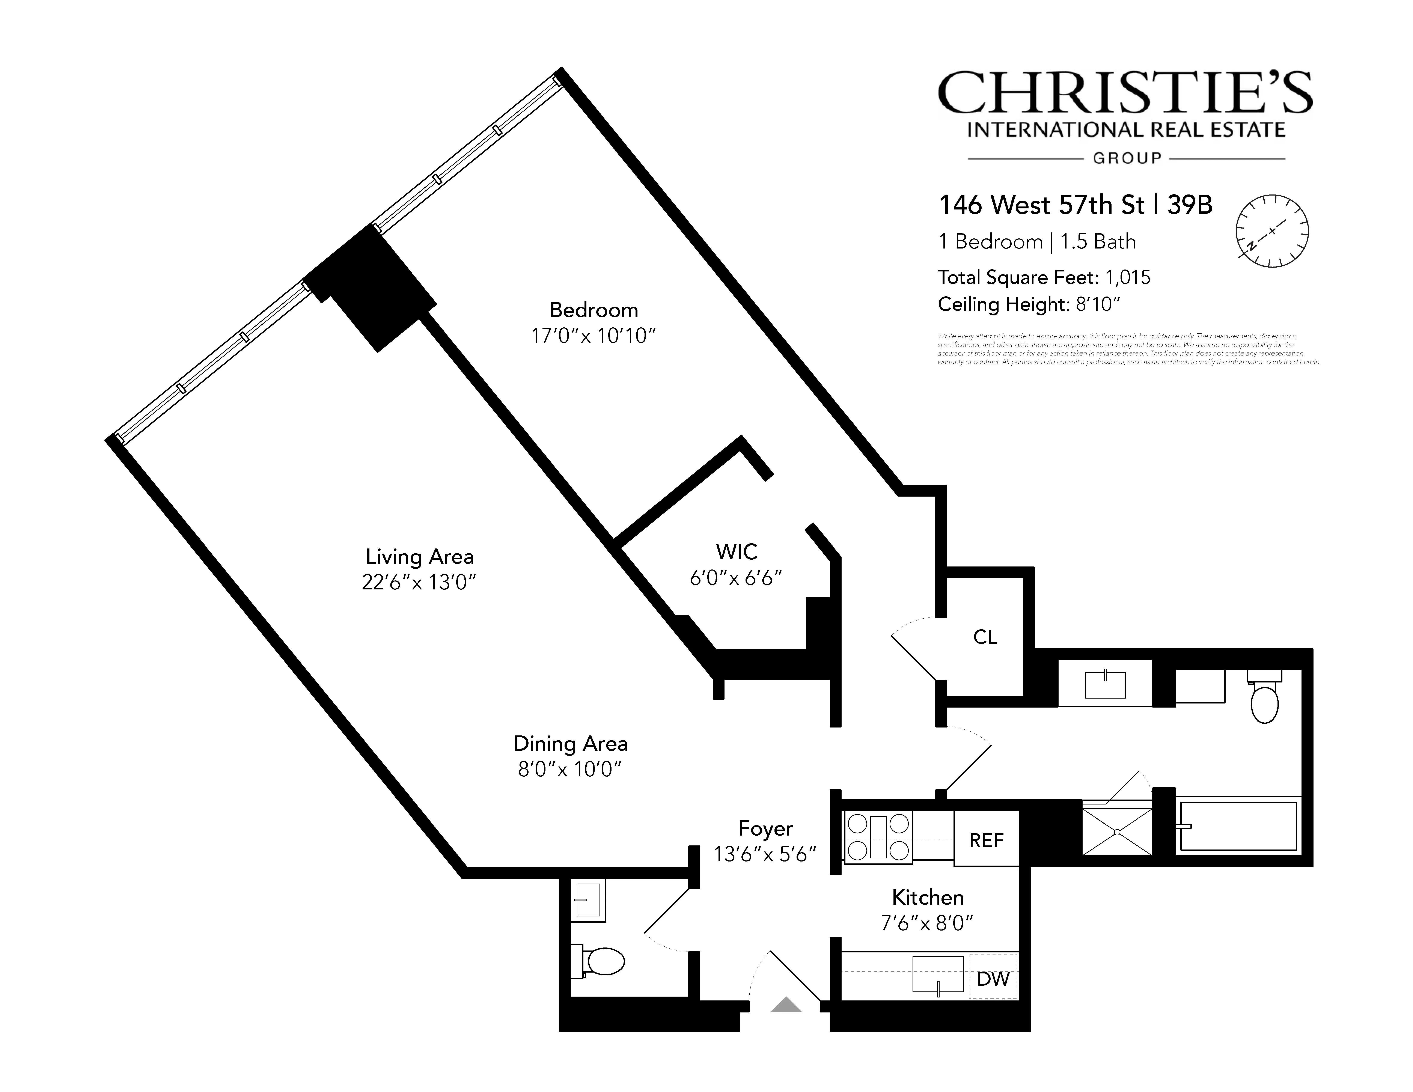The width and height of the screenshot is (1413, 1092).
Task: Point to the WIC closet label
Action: coord(736,552)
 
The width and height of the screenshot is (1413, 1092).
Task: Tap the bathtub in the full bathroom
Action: coord(1238,826)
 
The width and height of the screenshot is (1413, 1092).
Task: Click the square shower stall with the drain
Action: coord(1117,831)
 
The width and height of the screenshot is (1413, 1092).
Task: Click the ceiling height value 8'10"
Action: coord(1097,304)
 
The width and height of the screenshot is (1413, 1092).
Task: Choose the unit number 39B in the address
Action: coord(1189,205)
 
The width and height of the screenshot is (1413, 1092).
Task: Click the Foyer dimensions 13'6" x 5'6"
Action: coord(765,855)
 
